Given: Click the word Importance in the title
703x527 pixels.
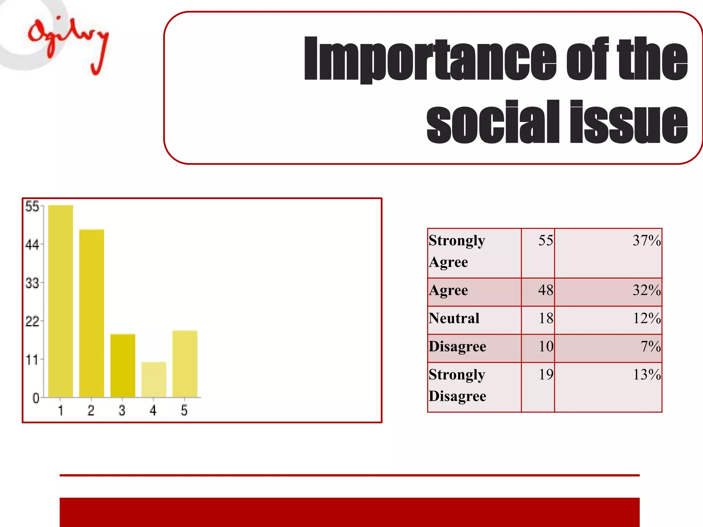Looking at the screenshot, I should point(429,59).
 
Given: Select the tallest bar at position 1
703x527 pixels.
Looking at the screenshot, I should point(60,301).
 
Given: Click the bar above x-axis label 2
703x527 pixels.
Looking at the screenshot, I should point(92,313).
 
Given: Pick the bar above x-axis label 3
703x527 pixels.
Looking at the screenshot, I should point(123,365).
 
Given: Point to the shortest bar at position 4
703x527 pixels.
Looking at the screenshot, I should point(154,379).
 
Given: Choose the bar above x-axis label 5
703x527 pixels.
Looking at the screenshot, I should point(185,364).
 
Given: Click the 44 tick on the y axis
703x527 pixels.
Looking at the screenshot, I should point(32,245).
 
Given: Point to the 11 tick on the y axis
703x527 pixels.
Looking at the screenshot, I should point(32,360).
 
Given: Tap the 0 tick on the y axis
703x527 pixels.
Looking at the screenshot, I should point(36,398).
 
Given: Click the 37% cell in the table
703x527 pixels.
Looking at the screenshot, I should point(647,241).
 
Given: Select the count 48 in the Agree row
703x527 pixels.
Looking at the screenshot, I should point(545,290).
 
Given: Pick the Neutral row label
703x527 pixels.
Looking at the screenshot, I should point(454,318).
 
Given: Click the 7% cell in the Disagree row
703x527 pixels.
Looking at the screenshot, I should point(650,347).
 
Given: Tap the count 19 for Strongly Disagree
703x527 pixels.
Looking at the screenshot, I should point(546,374).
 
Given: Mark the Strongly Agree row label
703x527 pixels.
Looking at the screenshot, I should point(457,251).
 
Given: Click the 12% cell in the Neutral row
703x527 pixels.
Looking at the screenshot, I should point(647,318).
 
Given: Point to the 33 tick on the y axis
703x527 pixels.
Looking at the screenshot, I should point(32,283).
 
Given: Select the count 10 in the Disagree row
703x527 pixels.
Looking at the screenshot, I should point(546,347).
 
